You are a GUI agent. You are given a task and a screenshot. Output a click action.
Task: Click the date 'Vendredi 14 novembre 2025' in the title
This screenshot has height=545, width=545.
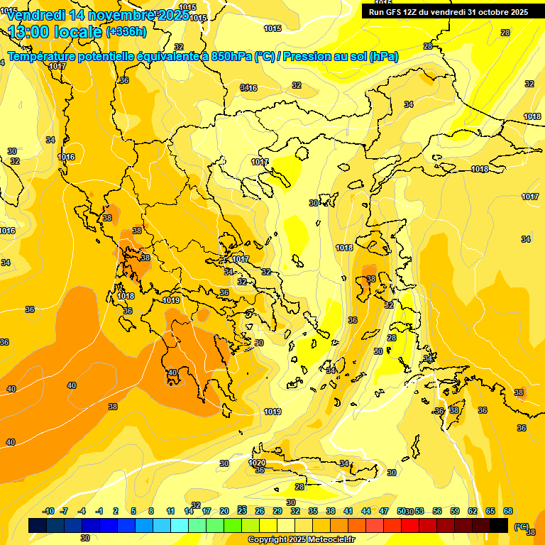97,15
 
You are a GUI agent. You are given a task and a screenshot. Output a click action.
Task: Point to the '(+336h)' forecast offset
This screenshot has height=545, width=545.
126,32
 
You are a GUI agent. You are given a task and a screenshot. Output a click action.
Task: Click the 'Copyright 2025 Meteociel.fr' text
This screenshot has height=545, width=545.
301,540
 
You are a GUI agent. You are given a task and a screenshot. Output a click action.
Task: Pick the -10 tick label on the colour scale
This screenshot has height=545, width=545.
48,511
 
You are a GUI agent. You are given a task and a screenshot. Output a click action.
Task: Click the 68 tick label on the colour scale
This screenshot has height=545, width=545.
508,511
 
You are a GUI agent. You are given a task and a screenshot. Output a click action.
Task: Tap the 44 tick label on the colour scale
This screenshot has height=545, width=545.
366,511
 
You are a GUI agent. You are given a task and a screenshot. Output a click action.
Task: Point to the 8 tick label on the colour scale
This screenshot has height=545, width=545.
151,511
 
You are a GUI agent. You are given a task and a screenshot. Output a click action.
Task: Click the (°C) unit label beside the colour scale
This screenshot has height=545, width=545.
521,527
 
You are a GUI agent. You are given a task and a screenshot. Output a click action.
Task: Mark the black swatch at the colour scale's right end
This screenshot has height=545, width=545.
499,526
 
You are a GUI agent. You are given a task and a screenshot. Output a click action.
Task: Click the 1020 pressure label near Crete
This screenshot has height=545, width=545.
258,463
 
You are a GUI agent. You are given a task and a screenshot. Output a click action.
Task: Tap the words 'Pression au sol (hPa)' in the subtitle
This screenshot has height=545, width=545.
340,57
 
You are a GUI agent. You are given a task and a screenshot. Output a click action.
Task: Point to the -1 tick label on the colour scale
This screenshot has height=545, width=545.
99,511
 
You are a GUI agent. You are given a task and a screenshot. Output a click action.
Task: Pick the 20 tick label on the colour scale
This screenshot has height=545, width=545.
224,511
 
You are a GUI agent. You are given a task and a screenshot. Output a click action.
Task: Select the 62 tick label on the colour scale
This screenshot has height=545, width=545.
473,511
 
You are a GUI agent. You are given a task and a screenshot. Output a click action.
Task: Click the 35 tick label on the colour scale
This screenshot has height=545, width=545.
313,511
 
